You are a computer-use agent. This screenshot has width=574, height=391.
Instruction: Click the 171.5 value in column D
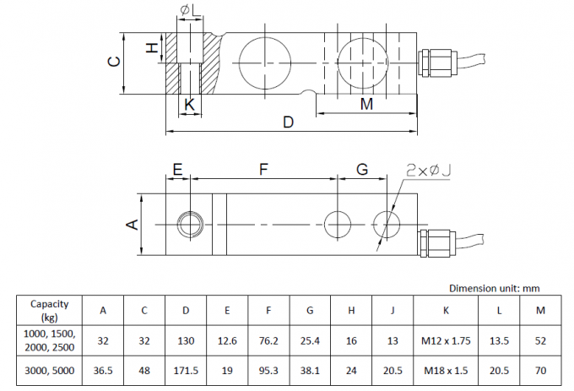coord(186,371)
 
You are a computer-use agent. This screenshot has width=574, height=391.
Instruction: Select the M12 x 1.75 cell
coord(446,341)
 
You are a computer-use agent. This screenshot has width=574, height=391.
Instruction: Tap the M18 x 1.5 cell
coord(446,371)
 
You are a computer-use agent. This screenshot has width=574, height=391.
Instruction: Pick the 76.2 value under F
coord(268,341)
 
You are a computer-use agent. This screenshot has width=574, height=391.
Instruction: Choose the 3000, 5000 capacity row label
coord(50,371)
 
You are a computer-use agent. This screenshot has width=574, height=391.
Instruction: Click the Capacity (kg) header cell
coord(50,311)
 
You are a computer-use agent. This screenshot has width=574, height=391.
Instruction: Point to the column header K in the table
coord(446,311)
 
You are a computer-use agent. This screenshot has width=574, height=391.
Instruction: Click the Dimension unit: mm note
coord(494,288)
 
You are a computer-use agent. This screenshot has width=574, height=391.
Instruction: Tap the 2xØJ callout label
coord(428,171)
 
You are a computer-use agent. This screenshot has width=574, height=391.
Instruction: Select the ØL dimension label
coord(191,10)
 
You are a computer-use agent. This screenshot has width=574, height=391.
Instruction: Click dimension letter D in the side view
coord(289,122)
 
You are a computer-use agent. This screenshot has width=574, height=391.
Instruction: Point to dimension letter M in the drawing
coord(366,104)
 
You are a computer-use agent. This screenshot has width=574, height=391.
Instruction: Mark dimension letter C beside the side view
coord(115,61)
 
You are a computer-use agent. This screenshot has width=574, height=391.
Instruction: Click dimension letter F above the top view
coord(263,170)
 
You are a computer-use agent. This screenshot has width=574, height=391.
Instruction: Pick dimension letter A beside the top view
coord(133,224)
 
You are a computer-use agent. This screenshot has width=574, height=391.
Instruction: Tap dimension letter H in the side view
coord(152,47)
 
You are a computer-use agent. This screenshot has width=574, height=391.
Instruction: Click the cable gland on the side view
coord(437,63)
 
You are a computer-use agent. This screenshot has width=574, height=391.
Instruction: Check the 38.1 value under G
coord(310,371)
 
